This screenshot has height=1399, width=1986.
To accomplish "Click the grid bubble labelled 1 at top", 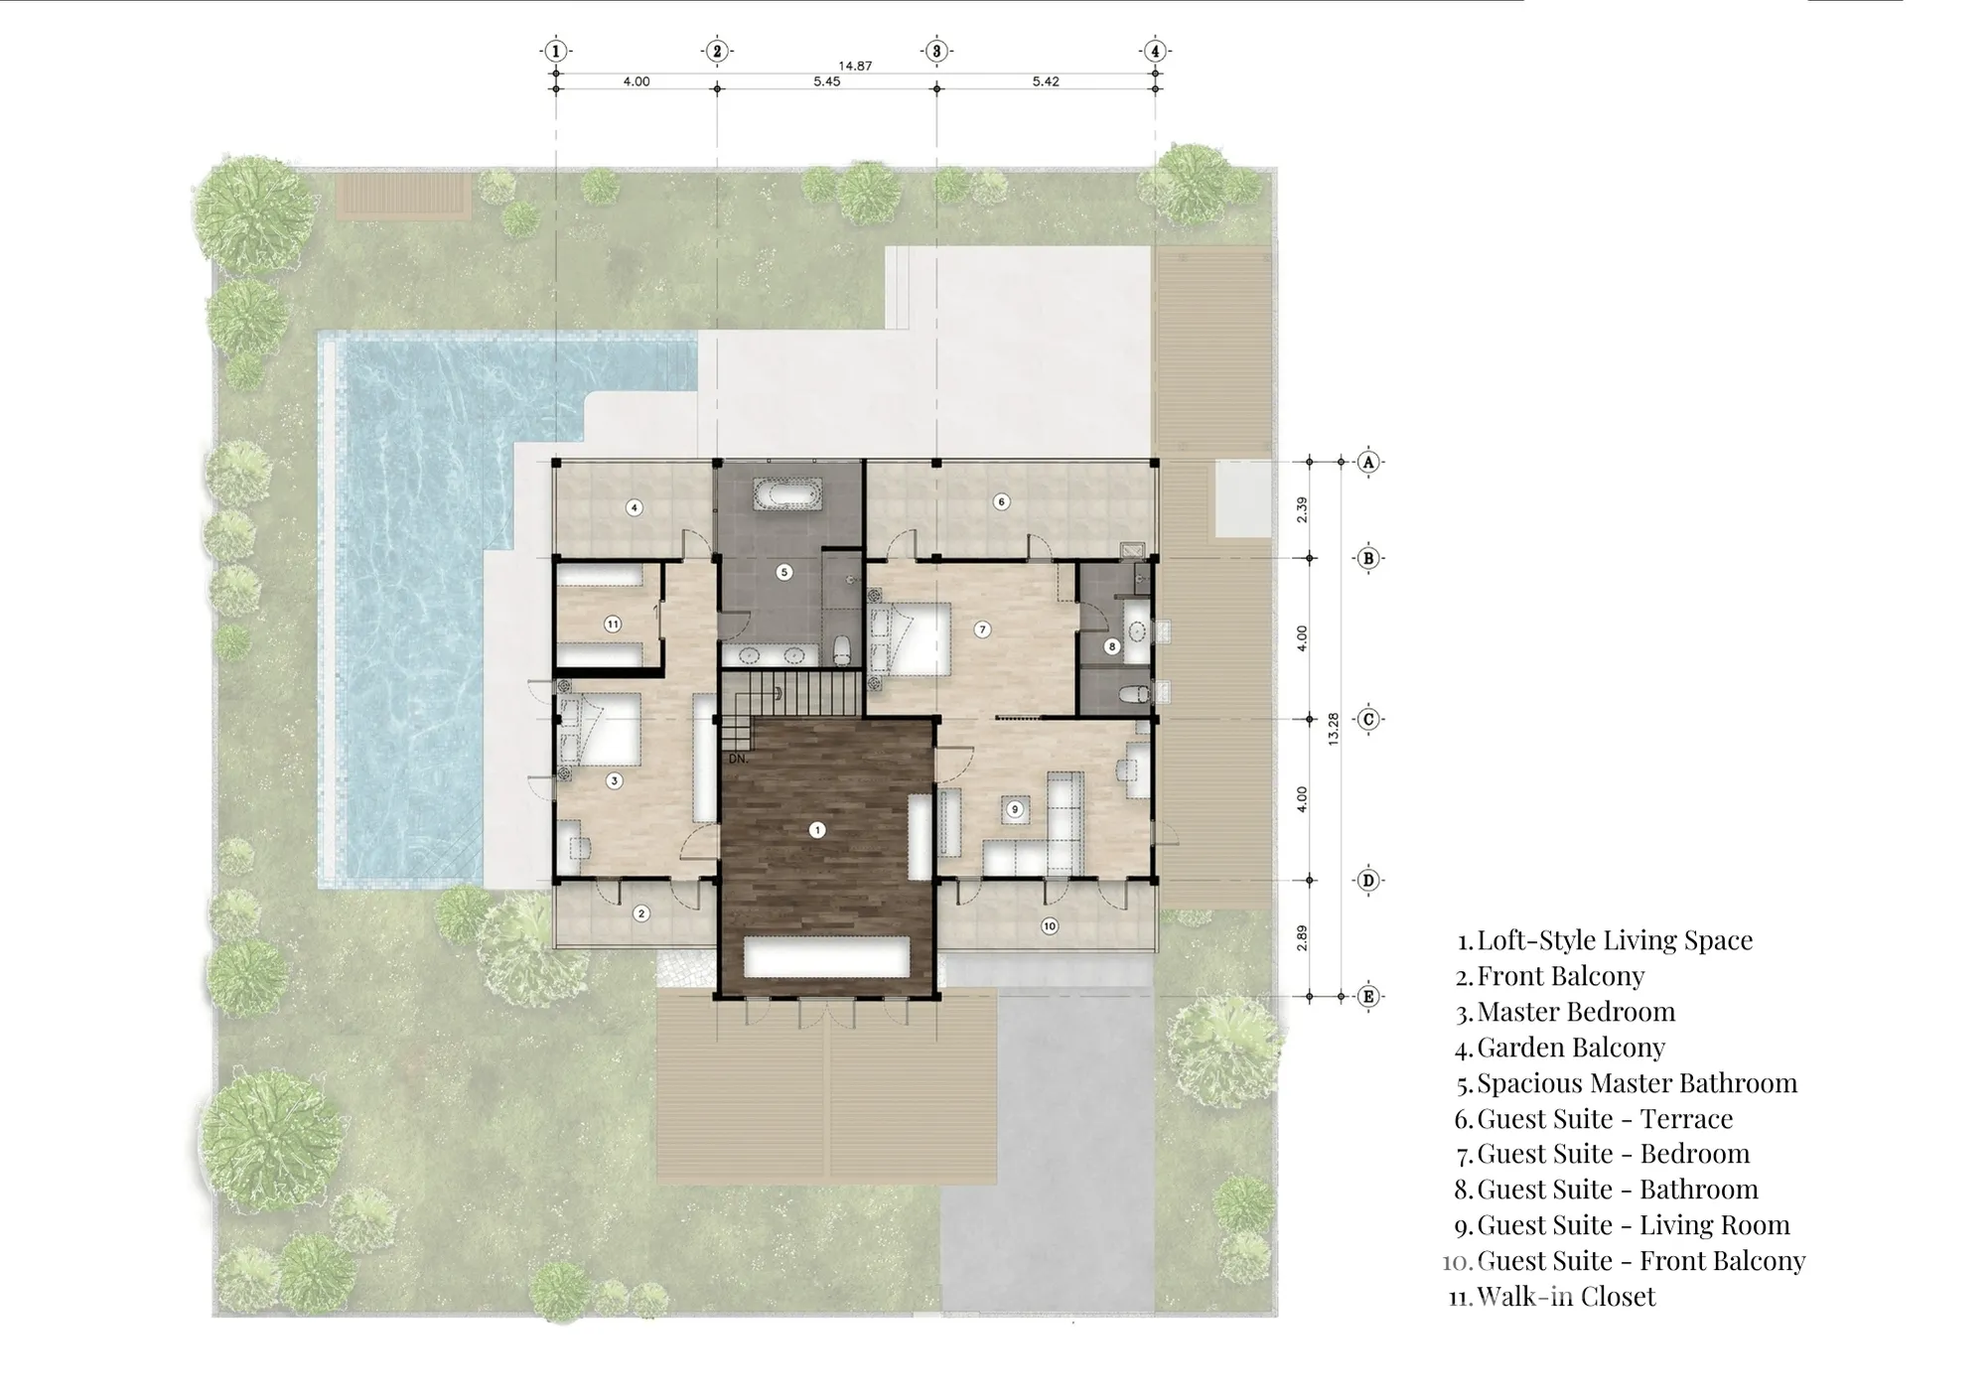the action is pyautogui.click(x=556, y=51).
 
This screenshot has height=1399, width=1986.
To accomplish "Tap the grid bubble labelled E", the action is pyautogui.click(x=1368, y=996).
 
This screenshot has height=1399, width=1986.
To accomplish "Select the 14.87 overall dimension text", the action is pyautogui.click(x=855, y=66).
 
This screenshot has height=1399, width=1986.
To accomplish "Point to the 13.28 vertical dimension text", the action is pyautogui.click(x=1334, y=730).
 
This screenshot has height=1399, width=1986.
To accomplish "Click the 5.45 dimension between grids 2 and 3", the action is pyautogui.click(x=826, y=81).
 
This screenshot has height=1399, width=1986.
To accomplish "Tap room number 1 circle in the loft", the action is pyautogui.click(x=817, y=830).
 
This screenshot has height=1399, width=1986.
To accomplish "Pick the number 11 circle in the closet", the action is pyautogui.click(x=613, y=625).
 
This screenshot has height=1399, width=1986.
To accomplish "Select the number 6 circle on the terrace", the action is pyautogui.click(x=1001, y=502).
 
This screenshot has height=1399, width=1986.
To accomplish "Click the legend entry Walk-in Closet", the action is pyautogui.click(x=1566, y=1297).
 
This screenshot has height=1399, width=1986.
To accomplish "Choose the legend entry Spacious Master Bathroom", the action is pyautogui.click(x=1637, y=1083).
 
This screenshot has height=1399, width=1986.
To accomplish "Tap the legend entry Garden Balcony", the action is pyautogui.click(x=1571, y=1048).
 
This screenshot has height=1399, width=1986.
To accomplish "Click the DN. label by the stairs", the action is pyautogui.click(x=738, y=759).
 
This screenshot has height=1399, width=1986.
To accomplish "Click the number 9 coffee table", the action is pyautogui.click(x=1015, y=810).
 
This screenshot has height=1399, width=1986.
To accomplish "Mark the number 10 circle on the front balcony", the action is pyautogui.click(x=1050, y=926).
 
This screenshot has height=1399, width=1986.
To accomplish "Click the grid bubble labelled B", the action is pyautogui.click(x=1368, y=558).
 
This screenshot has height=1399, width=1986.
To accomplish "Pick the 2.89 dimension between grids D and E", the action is pyautogui.click(x=1302, y=938).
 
